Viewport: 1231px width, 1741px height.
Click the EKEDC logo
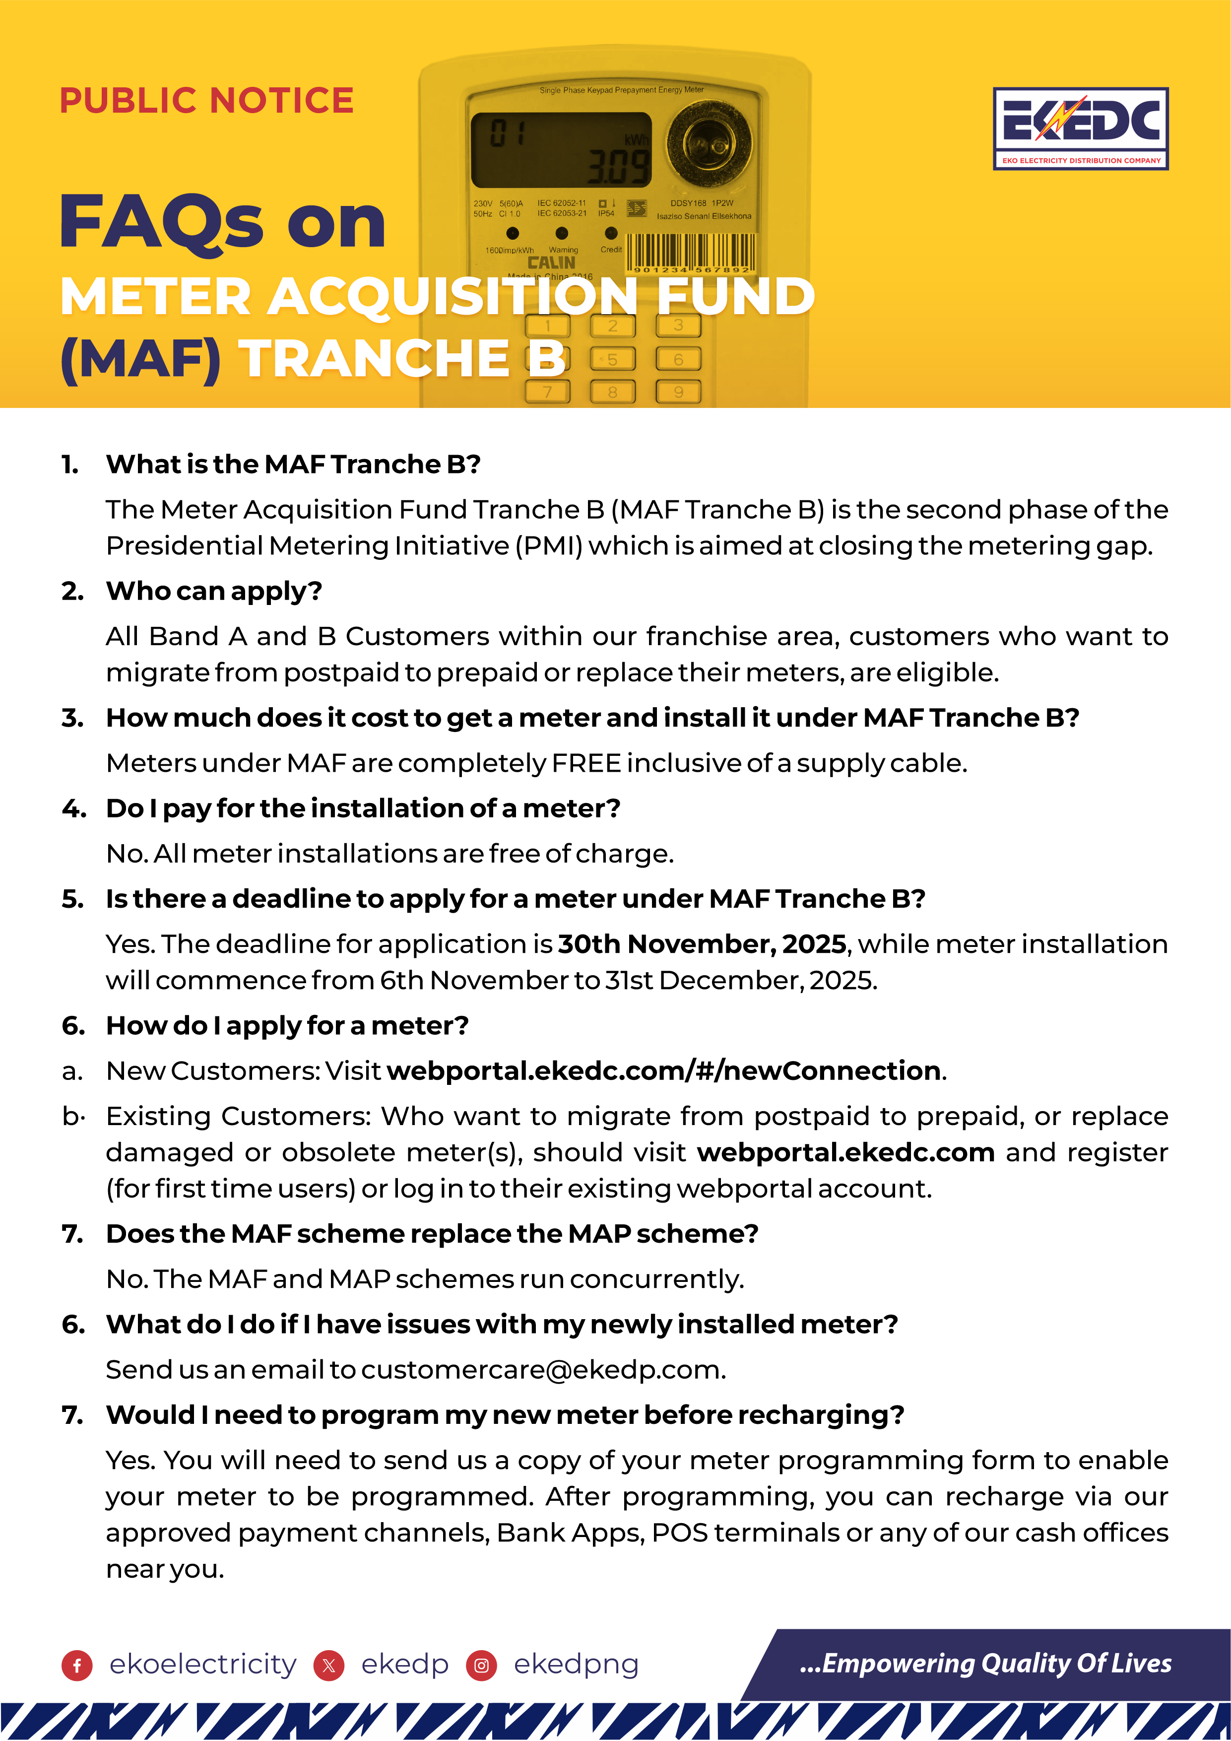tap(1080, 128)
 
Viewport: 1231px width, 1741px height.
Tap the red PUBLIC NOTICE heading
tap(206, 101)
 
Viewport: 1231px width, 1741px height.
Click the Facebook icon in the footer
tap(76, 1665)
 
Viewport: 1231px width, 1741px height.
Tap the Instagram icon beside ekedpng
tap(481, 1665)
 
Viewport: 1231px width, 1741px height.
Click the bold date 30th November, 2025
tap(702, 944)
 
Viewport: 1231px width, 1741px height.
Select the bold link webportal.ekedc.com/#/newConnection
tap(664, 1071)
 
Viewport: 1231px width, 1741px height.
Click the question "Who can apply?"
tap(214, 591)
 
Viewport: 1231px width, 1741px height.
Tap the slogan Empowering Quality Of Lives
tap(985, 1663)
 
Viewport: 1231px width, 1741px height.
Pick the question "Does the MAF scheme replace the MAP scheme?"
tap(432, 1234)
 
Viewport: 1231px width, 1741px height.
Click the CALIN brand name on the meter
tap(551, 263)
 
